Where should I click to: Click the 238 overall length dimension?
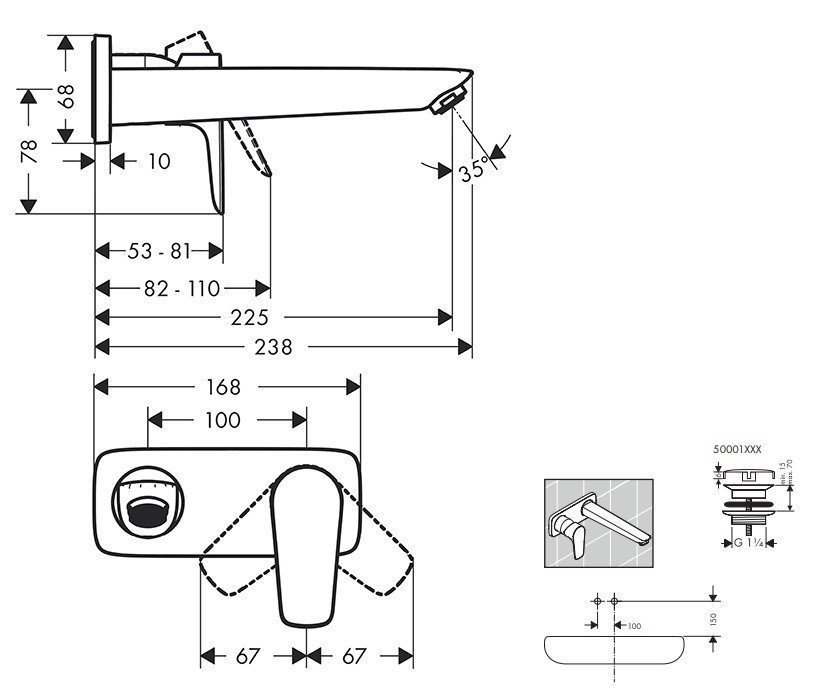tap(273, 347)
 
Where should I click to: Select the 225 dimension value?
tap(249, 318)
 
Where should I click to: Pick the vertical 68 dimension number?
tap(66, 98)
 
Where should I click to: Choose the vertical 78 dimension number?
tap(29, 150)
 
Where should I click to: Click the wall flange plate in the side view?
tap(101, 91)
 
